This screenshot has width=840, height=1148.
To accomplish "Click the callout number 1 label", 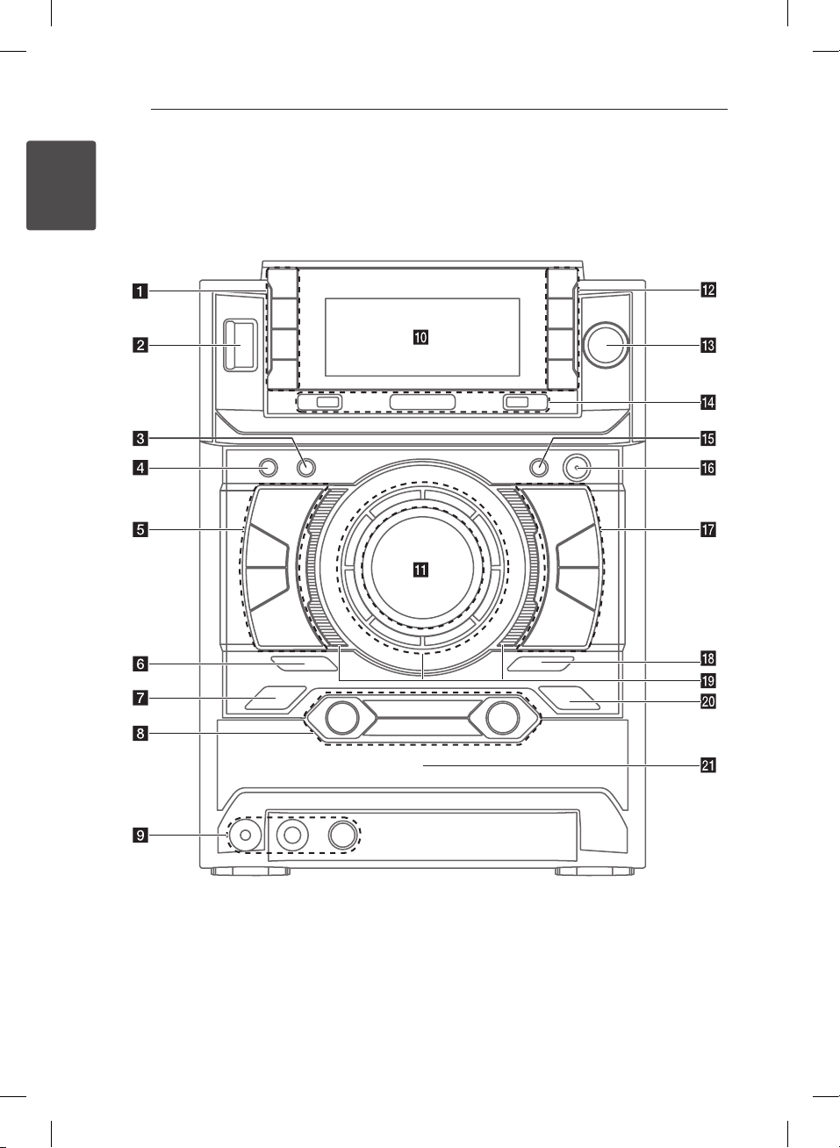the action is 140,291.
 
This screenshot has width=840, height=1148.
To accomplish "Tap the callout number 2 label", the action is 140,346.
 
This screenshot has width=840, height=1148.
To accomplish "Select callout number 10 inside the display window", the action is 420,337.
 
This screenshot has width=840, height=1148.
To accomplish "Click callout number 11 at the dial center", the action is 420,570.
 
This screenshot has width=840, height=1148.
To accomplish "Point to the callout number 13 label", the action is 707,346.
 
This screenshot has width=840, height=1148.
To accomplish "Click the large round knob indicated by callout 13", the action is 606,345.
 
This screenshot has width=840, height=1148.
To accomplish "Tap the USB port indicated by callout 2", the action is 240,344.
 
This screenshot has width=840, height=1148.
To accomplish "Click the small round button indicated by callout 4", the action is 268,467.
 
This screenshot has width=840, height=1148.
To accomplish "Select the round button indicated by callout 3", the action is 306,467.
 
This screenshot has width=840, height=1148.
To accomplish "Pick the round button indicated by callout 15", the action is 539,467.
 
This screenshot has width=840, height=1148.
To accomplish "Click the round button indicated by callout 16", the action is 577,468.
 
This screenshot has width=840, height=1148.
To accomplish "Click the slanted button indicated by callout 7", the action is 276,698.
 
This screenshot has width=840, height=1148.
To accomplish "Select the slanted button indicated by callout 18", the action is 542,664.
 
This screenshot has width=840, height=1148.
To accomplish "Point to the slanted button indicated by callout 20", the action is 569,698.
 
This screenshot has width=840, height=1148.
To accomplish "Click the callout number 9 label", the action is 140,836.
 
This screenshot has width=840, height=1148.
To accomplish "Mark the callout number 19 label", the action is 707,680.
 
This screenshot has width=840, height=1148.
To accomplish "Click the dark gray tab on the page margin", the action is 61,185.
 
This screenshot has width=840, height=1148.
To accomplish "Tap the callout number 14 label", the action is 707,402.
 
